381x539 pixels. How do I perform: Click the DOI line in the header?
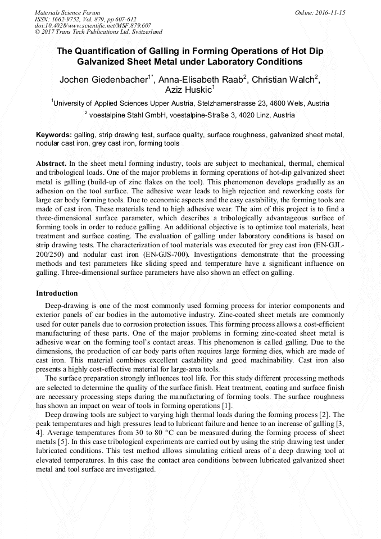pos(93,26)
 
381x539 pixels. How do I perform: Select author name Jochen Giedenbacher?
pos(103,79)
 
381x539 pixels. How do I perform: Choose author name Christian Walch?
pos(283,79)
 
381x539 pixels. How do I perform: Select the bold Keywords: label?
pos(54,135)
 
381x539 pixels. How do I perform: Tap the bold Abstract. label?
pos(51,164)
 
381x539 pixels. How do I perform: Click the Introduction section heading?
pos(57,293)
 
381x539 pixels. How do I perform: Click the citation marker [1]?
pos(226,406)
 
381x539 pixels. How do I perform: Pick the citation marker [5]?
pos(65,442)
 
